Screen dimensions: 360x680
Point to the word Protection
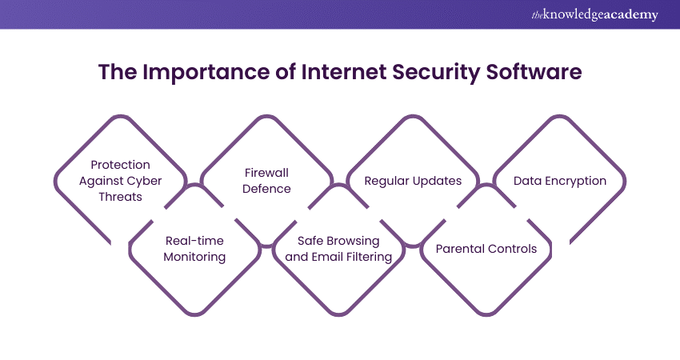click(120, 164)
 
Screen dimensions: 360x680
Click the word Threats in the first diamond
click(120, 197)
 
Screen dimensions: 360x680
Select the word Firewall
click(266, 172)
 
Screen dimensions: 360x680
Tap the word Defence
click(266, 189)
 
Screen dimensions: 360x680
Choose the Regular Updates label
click(413, 181)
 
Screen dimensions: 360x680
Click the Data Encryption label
click(560, 181)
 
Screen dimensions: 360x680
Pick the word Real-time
click(194, 240)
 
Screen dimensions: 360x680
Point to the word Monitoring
click(194, 257)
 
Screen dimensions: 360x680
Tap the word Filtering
click(369, 257)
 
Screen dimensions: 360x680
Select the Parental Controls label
click(486, 248)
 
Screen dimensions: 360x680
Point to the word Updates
click(437, 181)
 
